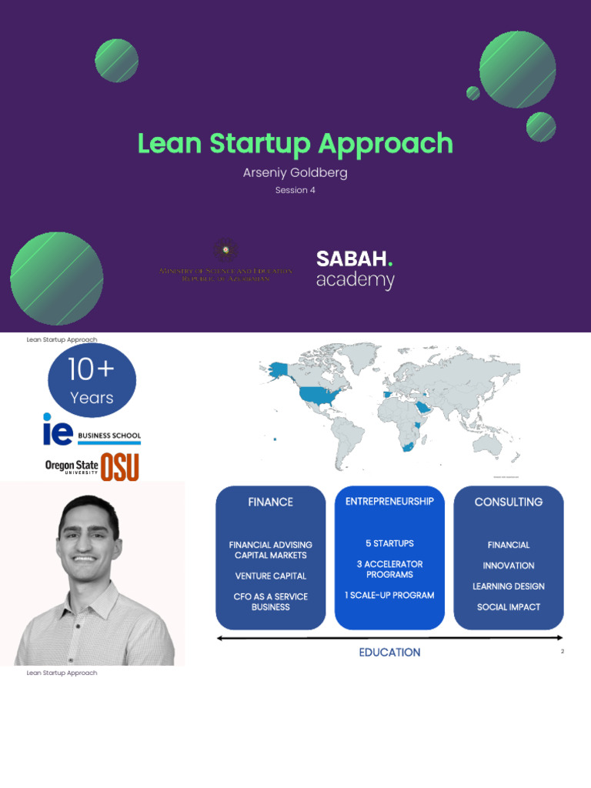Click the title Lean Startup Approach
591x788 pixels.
295,144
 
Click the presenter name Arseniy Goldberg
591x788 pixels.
295,172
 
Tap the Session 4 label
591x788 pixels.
295,190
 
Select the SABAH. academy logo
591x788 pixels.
355,269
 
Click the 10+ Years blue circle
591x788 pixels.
92,381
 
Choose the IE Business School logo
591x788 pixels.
92,429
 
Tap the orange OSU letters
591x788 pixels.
120,467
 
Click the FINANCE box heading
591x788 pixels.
270,502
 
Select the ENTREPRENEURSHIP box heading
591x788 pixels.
389,501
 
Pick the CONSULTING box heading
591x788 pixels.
508,502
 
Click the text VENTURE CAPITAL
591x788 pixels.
270,576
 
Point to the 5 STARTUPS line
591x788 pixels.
389,543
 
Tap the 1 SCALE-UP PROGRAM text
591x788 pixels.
389,595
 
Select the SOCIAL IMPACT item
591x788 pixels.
508,607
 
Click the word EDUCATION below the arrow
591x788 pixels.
389,653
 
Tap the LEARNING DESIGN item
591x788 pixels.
508,586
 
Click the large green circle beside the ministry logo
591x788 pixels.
57,278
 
